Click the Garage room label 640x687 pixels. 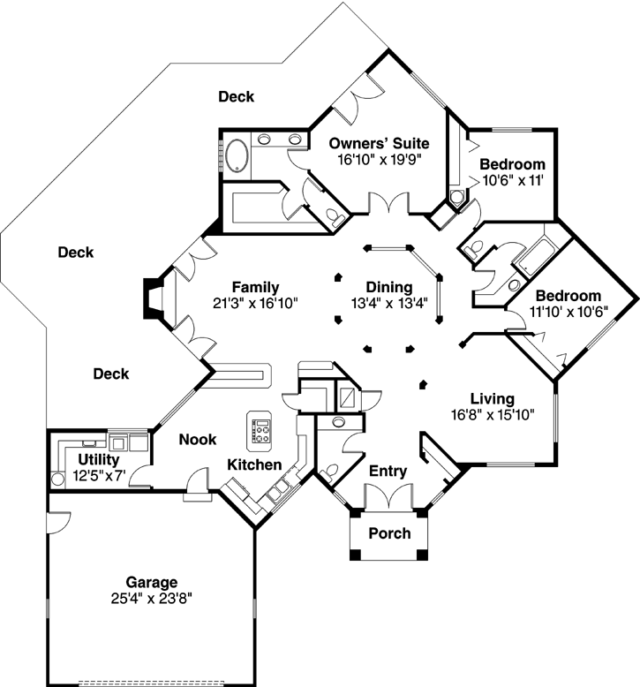(x=151, y=582)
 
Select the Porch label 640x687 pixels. (x=389, y=533)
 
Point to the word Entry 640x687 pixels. (x=388, y=472)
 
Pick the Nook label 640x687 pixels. (x=198, y=439)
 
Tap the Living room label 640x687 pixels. (x=492, y=399)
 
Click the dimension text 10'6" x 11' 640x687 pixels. (x=511, y=180)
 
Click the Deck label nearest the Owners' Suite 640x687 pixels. (x=236, y=97)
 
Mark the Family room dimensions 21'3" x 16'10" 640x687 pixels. (x=255, y=303)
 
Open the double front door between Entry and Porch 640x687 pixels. (x=389, y=501)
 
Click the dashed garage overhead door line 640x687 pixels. (x=168, y=682)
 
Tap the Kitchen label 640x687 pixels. (x=255, y=464)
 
